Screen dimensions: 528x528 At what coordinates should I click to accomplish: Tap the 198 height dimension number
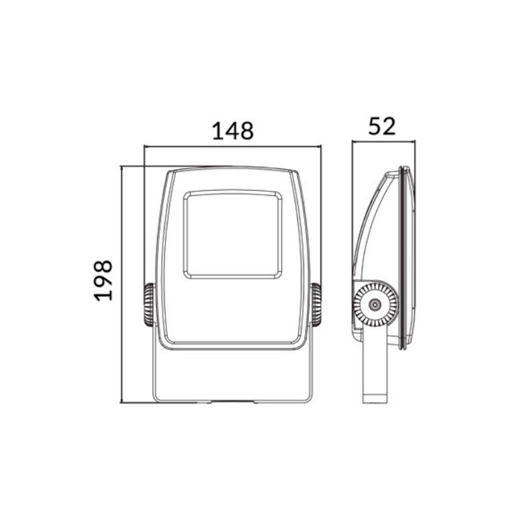[103, 280]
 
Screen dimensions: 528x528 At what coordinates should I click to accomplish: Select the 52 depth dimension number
[382, 126]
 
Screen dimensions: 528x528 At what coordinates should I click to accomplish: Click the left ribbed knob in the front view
[149, 305]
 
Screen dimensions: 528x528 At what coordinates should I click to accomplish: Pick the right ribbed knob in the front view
[316, 305]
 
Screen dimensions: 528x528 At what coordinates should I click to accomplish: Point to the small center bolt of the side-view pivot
[374, 305]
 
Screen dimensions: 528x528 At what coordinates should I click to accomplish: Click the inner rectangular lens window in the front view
[232, 235]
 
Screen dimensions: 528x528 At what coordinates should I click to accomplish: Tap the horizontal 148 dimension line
[232, 146]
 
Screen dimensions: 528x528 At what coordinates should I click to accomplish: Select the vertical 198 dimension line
[121, 284]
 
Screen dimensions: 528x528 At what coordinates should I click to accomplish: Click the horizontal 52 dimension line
[384, 142]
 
